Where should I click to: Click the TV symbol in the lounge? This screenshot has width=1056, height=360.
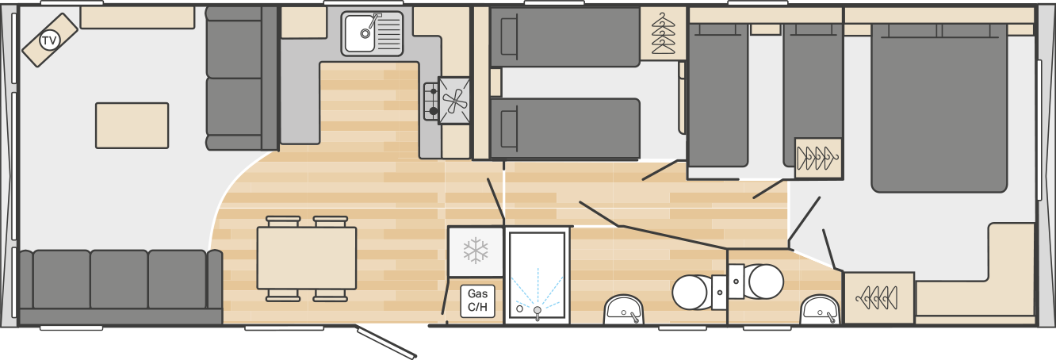(48, 40)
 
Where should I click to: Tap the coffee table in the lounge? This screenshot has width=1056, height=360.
(132, 125)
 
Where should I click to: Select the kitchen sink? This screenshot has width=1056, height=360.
(373, 33)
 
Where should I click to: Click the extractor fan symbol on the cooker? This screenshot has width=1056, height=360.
(454, 101)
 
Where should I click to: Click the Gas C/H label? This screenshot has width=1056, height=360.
(477, 301)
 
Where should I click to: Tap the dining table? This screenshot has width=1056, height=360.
(307, 258)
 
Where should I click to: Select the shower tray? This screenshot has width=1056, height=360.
(537, 277)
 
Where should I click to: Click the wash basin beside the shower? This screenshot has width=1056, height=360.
(624, 309)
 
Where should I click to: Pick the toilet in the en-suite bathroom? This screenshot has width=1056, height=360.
(756, 281)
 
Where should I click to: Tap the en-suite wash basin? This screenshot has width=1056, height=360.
(821, 309)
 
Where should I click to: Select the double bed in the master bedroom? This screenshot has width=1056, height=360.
(939, 108)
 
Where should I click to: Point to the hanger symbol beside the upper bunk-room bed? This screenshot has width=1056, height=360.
(664, 33)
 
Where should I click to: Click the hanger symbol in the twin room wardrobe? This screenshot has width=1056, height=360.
(818, 158)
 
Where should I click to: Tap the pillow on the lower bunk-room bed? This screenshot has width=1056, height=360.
(509, 128)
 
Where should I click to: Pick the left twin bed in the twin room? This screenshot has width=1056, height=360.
(718, 95)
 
